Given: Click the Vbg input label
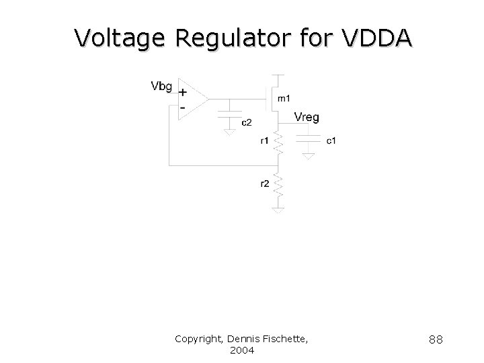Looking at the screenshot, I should pos(162,86).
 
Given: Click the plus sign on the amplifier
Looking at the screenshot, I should pos(182,93).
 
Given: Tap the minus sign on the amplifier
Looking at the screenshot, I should pos(182,107).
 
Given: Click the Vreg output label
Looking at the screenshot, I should pos(307,117).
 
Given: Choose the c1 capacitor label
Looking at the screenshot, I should pos(331,140).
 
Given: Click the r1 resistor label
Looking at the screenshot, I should pos(264,140).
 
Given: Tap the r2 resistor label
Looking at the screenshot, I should pos(264,184).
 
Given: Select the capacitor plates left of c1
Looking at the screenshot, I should pos(308,138).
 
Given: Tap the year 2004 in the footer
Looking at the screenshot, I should pos(241,350).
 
